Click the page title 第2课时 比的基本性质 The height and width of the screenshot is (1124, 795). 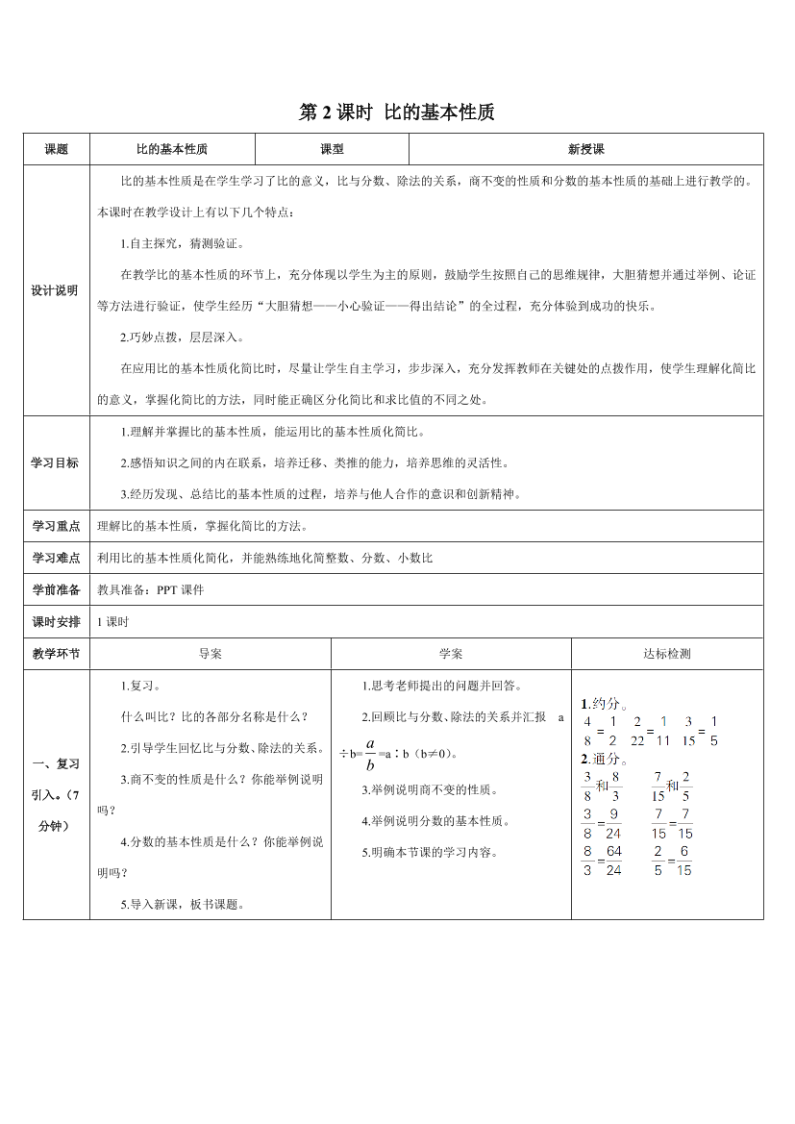point(397,112)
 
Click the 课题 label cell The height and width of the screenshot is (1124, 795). point(57,149)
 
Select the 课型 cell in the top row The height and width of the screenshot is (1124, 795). point(332,149)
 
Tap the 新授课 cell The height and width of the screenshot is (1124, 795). point(585,149)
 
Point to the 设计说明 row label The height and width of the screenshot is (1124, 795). point(57,290)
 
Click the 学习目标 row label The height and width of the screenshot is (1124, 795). point(57,462)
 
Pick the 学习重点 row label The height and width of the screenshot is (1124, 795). point(57,526)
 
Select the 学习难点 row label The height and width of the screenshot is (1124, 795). point(57,558)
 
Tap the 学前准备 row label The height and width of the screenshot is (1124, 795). point(57,589)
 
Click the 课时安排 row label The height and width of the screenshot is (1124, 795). point(57,621)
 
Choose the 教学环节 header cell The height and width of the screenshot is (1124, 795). point(57,654)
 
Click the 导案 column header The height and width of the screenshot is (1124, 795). point(210,654)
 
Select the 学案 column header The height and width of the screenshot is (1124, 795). point(451,654)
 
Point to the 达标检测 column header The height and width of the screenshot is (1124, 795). point(667,654)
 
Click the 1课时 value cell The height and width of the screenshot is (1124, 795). point(113,621)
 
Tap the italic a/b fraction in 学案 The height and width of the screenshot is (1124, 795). point(369,754)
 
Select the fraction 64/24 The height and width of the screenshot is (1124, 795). point(613,860)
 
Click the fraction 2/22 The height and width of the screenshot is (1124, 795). point(636,730)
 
